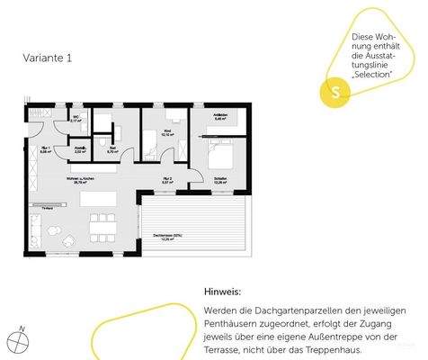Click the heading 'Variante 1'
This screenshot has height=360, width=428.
(48, 57)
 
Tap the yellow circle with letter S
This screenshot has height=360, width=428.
(334, 92)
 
